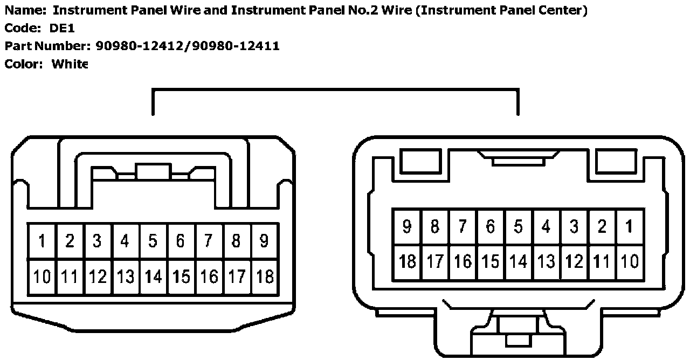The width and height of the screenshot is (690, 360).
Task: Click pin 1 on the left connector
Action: coord(42,241)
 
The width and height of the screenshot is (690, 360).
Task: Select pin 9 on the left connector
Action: coord(264,241)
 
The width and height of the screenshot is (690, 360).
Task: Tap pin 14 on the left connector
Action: coord(153,277)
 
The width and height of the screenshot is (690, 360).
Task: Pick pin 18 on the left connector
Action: coord(264,277)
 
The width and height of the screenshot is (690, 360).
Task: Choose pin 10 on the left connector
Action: coord(42,277)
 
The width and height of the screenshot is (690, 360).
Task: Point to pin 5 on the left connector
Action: coord(153,241)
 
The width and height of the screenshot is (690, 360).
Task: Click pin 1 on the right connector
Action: coord(629,226)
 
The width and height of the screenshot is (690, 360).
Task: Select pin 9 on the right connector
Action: coord(407,226)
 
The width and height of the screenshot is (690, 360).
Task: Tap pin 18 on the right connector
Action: coord(407,262)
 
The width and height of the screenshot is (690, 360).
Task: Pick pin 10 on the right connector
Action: coord(629,262)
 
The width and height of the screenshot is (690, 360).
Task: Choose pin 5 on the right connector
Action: coord(518,226)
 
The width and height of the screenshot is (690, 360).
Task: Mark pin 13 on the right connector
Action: coord(546,262)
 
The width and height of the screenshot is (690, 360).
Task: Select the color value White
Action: coord(70,64)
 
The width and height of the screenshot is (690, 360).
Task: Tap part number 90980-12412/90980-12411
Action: coord(188,46)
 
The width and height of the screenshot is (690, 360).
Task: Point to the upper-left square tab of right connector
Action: coord(420,161)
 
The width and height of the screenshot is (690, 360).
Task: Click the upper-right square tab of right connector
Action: coord(615,161)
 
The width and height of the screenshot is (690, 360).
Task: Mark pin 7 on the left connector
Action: coord(209,241)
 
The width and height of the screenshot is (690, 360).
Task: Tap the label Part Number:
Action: coord(48,46)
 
